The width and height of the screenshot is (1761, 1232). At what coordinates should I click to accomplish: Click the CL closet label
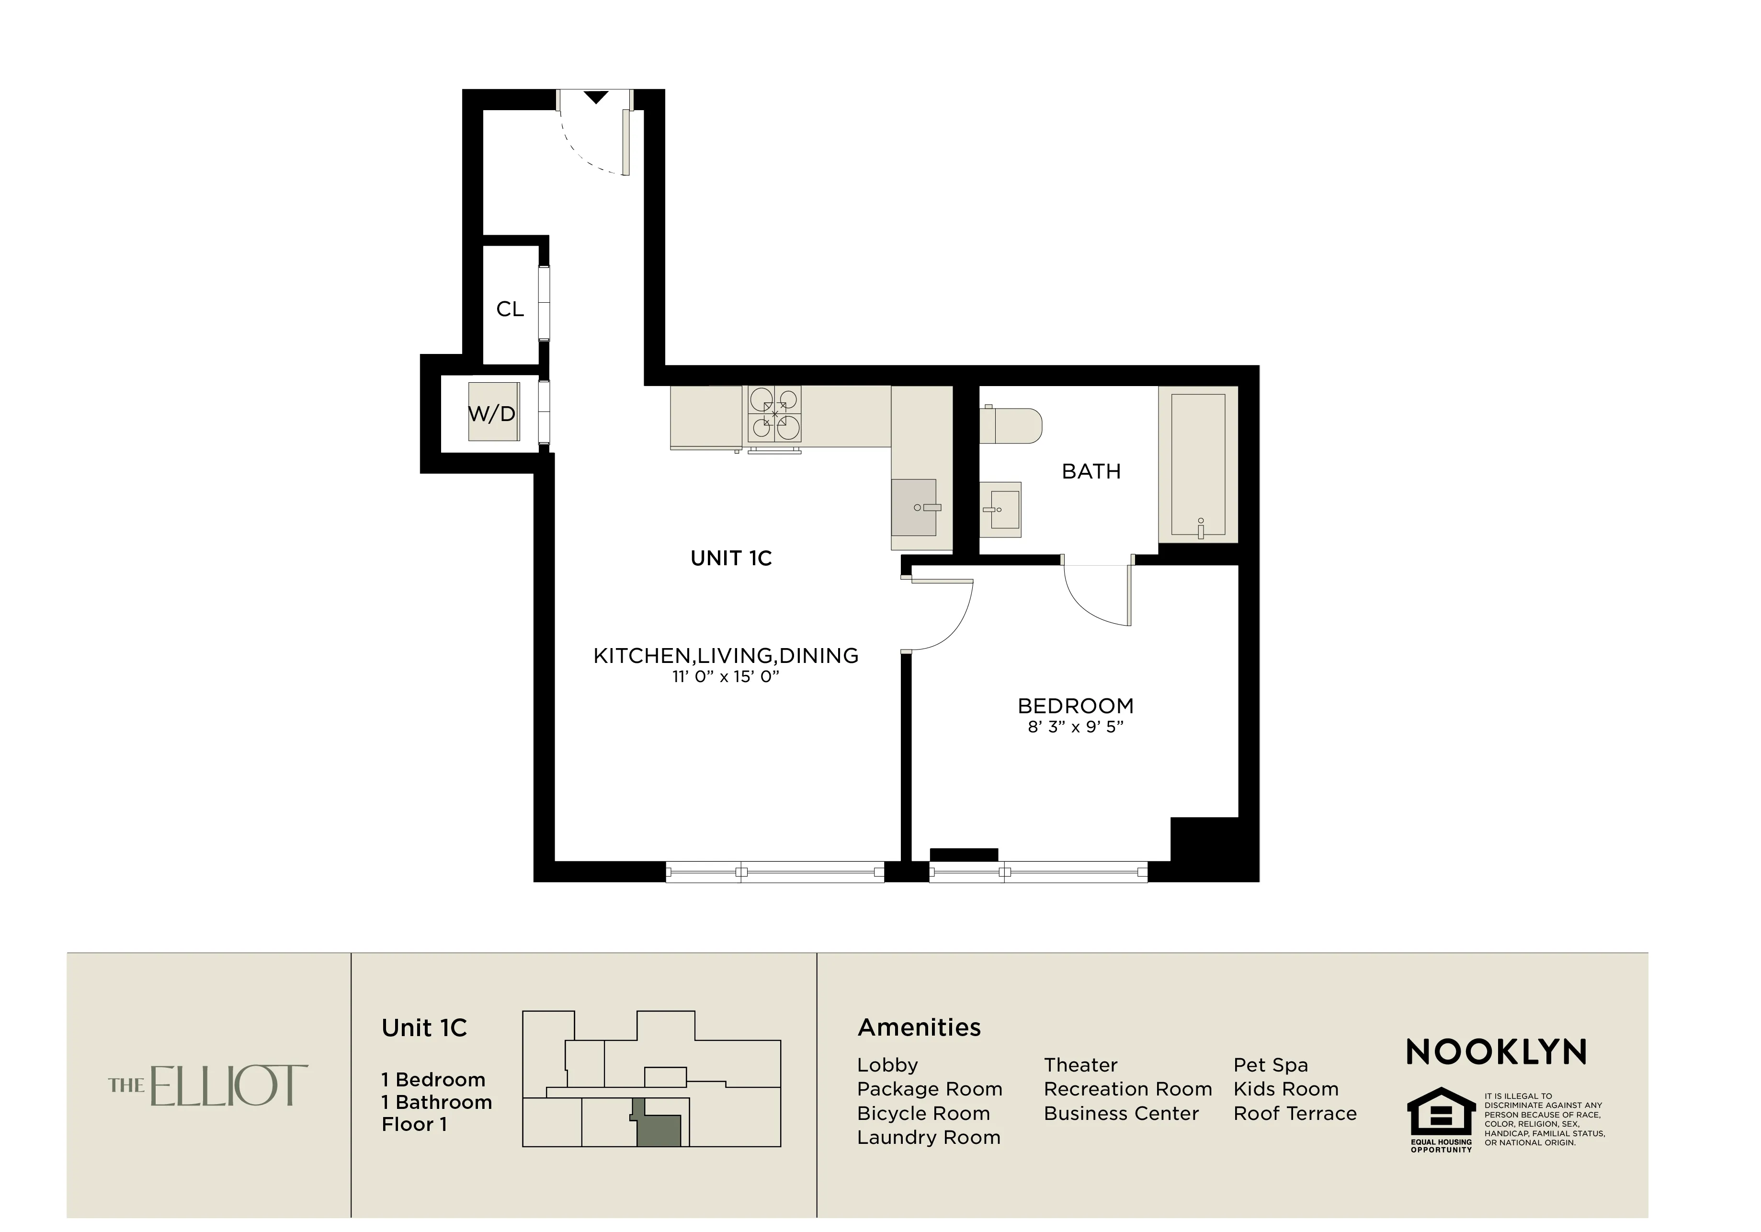pyautogui.click(x=509, y=309)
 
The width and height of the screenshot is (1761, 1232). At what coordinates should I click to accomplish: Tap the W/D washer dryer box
pyautogui.click(x=493, y=412)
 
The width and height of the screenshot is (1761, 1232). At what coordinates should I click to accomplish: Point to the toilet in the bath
pyautogui.click(x=1011, y=425)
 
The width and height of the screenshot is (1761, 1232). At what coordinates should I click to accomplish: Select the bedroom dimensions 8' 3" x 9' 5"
pyautogui.click(x=1075, y=727)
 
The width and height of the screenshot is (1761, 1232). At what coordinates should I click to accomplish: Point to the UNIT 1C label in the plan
pyautogui.click(x=731, y=559)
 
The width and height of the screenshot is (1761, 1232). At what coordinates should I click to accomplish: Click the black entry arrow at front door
pyautogui.click(x=596, y=97)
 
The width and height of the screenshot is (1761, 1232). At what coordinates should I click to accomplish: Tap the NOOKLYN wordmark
pyautogui.click(x=1496, y=1052)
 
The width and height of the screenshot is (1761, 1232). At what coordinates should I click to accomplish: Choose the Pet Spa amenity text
pyautogui.click(x=1270, y=1065)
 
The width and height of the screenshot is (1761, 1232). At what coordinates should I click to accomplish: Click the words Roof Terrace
pyautogui.click(x=1295, y=1113)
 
